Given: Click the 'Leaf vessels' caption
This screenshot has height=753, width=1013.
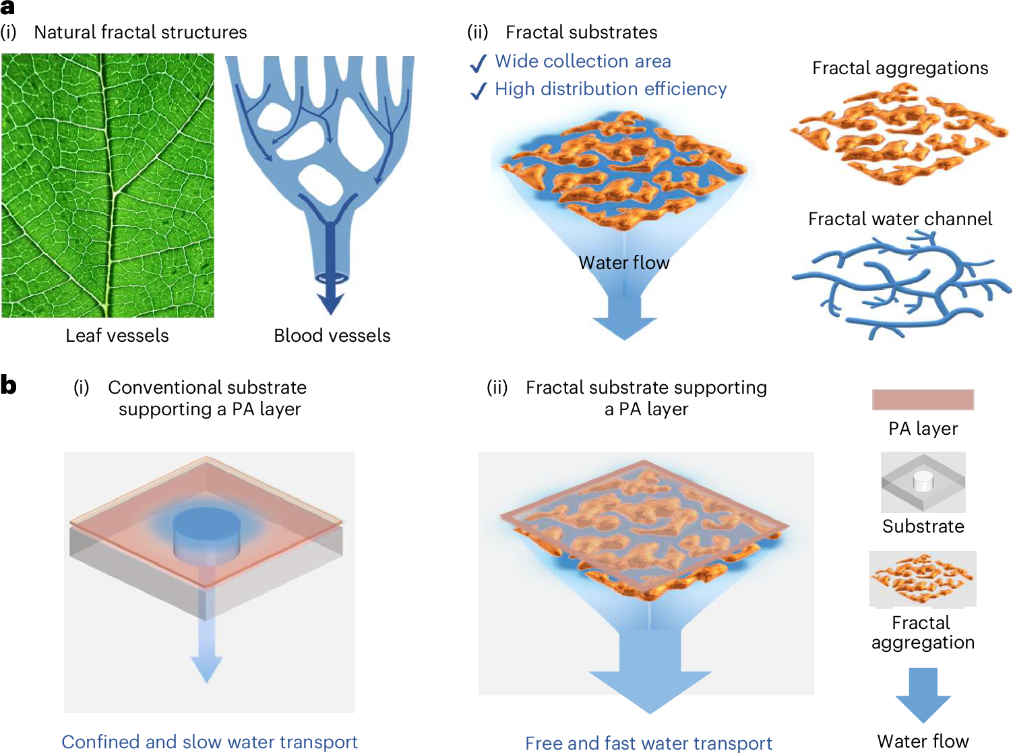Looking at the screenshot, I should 117,336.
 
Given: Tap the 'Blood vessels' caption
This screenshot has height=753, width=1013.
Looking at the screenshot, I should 332,336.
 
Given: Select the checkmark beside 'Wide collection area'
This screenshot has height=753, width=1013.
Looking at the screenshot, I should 478,63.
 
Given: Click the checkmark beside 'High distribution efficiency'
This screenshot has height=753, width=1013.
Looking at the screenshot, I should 478,91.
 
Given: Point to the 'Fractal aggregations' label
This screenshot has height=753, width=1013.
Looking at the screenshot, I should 900,68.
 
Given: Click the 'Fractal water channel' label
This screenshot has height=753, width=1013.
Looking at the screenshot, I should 900,219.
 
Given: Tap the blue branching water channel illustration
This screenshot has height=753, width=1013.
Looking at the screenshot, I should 900,283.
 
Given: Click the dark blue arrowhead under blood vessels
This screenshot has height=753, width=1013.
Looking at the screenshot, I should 331,303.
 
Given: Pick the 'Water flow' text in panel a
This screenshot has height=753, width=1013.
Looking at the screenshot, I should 624,262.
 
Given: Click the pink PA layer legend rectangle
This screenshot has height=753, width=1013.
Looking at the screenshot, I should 923,400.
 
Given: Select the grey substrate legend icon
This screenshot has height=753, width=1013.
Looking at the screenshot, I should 923,482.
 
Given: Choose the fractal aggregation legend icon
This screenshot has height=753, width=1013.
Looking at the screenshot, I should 923,578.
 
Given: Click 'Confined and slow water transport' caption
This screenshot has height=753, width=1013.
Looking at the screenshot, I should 210,742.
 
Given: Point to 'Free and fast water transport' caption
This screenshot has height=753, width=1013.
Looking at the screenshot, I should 648,743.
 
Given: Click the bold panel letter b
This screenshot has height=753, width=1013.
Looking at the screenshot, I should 9,386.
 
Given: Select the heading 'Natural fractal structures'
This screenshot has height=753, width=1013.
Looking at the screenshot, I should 140,32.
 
